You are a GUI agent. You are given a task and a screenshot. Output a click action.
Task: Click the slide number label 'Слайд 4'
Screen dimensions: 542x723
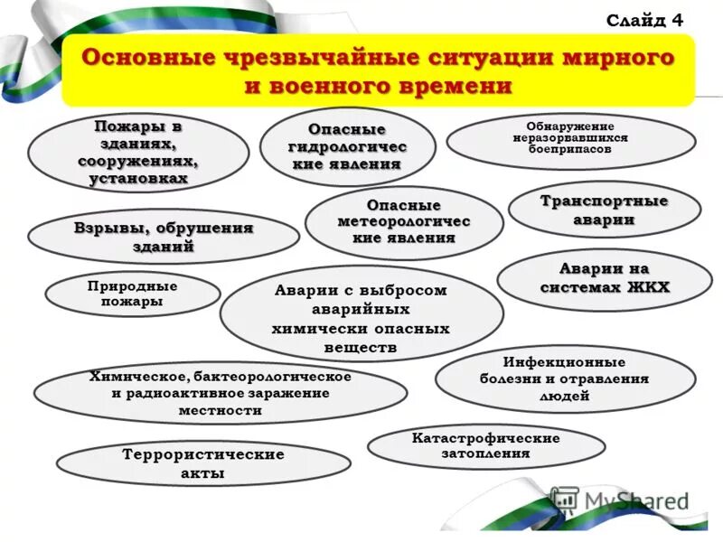pos(644,19)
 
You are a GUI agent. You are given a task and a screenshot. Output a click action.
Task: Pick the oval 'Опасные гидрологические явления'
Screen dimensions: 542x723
pos(347,148)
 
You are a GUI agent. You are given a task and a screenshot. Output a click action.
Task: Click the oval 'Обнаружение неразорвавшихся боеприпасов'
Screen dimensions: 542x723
pos(570,139)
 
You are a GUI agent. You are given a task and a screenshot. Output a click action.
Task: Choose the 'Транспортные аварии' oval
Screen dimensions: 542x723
pos(604,210)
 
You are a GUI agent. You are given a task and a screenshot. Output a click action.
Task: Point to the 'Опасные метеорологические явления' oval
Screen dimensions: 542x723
pos(403,222)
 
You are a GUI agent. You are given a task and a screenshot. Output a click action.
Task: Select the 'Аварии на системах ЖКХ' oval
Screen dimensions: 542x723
pos(604,278)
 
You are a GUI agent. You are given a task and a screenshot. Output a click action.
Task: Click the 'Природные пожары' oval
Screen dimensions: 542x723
pos(132,294)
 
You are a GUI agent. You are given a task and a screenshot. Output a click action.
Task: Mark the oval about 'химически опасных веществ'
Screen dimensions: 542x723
pos(361,319)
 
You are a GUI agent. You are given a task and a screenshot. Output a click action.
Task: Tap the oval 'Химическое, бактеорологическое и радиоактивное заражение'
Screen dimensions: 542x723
pos(220,394)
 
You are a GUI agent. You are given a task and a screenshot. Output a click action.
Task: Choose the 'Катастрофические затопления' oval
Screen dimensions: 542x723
pos(485,446)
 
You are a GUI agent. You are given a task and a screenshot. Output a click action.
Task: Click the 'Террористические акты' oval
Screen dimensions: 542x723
pos(202,463)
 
